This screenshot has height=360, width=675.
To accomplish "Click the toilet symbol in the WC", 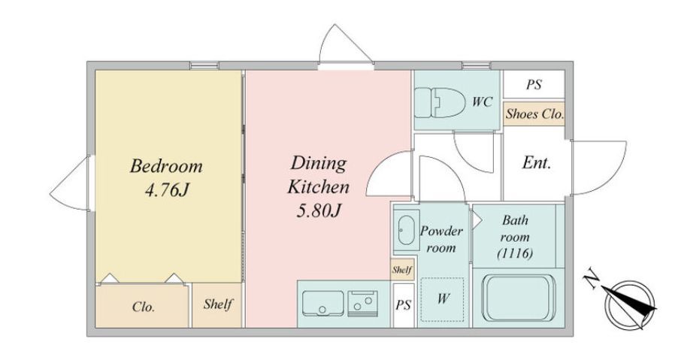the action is [x=440, y=102].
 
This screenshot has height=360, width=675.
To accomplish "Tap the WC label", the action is [x=482, y=102].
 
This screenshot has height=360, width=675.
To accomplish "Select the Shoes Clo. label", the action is [x=534, y=114].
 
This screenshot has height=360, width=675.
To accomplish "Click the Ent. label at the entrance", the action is [x=537, y=163].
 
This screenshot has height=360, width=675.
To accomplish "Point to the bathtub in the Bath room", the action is [x=516, y=298].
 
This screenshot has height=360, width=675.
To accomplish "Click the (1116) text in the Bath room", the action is [x=516, y=253].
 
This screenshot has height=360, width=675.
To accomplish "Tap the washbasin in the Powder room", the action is [x=406, y=230].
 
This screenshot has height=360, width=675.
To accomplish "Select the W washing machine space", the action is [x=443, y=299].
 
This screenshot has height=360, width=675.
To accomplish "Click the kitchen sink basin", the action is [x=323, y=303].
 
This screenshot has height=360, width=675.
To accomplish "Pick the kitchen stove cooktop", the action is [x=363, y=303].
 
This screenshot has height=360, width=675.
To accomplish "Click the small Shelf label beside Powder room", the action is [x=402, y=270].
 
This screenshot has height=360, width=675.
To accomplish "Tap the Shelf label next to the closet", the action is [x=218, y=304].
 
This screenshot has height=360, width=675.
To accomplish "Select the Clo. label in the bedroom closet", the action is [x=144, y=307].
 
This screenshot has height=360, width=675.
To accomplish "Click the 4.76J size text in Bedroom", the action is [x=167, y=190].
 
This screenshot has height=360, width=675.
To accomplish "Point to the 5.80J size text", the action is [x=319, y=210].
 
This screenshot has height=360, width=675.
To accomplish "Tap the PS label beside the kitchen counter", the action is [x=404, y=305].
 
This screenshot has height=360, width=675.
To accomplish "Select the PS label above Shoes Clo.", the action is [x=534, y=84].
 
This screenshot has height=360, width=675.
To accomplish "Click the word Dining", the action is [x=319, y=164].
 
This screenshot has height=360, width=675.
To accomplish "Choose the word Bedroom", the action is [x=166, y=166].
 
